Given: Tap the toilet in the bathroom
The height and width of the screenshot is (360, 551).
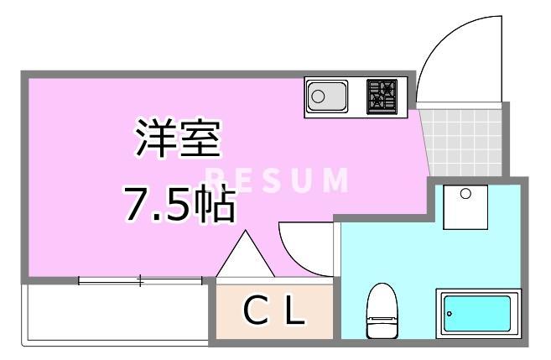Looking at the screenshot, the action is [x=382, y=317].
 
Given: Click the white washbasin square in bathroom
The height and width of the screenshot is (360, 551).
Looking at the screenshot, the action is [x=466, y=207].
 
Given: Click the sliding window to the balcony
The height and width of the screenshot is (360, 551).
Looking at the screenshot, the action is [x=140, y=280].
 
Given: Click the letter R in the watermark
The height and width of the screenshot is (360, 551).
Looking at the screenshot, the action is [x=213, y=179].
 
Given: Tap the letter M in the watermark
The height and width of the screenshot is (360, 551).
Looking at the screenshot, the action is [x=335, y=179].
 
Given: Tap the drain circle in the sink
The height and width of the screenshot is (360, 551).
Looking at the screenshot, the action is [x=318, y=97].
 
